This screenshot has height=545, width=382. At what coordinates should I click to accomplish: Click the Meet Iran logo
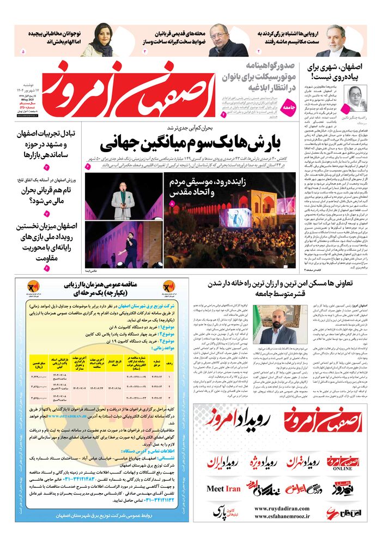coord(224,488)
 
